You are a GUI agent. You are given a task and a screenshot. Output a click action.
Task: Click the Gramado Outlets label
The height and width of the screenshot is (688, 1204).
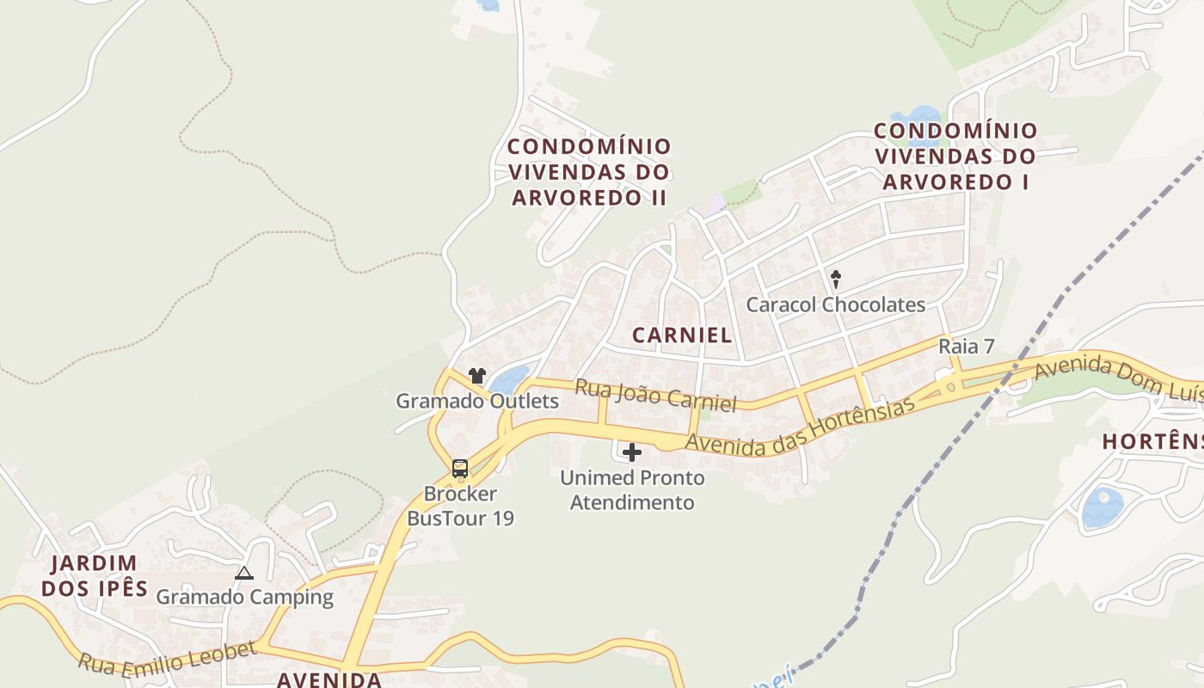pos(476,401)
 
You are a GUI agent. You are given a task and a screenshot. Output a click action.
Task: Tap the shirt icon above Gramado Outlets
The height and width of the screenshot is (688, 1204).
pos(477,376)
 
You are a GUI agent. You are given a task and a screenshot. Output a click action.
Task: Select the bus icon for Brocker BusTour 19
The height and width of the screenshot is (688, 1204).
pos(460,469)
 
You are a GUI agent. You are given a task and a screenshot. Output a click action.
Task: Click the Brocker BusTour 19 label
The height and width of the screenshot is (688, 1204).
pos(460,506)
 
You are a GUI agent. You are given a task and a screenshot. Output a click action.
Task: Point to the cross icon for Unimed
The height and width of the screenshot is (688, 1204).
pos(632,452)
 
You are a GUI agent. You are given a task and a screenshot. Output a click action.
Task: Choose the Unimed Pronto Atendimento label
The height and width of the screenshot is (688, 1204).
pos(632,489)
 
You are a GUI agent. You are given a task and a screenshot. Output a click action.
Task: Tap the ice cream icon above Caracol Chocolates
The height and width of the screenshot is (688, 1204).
pos(835,279)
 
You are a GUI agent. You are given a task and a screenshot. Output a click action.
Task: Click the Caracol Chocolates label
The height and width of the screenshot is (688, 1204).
pos(835,304)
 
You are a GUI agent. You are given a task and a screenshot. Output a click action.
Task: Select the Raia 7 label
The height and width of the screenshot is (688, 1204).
pos(966,347)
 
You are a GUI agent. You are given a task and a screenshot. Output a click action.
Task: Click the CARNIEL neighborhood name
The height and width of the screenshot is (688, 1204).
pos(682,335)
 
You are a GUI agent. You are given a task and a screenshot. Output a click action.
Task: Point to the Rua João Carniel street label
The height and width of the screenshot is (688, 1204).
pos(655,396)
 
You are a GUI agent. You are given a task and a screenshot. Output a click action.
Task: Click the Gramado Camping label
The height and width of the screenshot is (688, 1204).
pos(244,597)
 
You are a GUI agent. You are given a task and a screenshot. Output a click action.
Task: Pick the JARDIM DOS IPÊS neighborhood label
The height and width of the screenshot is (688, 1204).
pos(95,576)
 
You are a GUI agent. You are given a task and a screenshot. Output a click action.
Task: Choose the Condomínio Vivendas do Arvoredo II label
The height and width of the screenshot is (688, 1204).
pos(589,171)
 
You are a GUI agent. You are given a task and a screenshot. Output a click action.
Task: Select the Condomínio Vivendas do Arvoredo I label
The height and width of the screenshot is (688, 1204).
pos(955,157)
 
